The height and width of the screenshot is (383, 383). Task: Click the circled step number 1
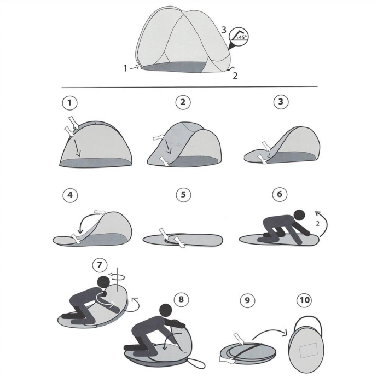(x=69, y=102)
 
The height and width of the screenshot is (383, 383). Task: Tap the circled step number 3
(x=281, y=102)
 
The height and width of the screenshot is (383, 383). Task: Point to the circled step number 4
(x=69, y=195)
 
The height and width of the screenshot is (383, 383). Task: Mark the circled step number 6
(x=280, y=195)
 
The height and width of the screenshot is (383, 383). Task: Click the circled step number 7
(x=99, y=266)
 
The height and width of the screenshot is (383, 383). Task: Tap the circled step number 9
(x=248, y=300)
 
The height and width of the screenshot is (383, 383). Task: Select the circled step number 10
(x=304, y=300)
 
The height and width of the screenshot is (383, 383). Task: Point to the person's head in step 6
(x=298, y=214)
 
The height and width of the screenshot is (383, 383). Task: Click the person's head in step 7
(x=102, y=282)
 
